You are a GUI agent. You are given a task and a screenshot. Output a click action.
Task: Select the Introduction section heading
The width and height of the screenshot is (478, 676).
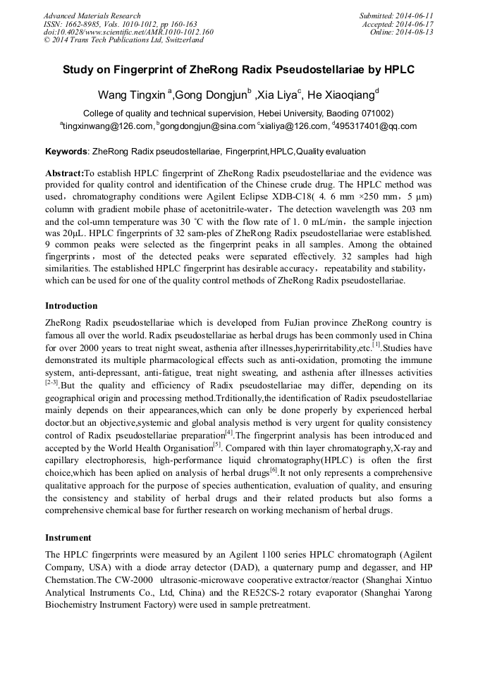[x=71, y=305]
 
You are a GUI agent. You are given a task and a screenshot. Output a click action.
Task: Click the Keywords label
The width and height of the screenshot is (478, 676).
[x=67, y=152]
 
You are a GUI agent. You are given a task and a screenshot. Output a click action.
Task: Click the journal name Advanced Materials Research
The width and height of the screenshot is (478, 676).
[x=92, y=15]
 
